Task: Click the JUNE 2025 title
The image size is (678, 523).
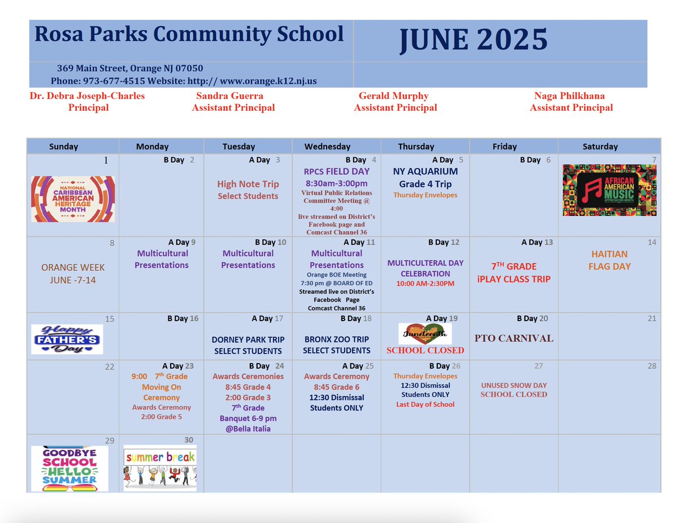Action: [x=473, y=40]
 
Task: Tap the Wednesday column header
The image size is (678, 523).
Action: [x=327, y=146]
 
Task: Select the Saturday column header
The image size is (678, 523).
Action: [x=600, y=146]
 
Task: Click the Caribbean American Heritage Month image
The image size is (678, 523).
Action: [x=73, y=198]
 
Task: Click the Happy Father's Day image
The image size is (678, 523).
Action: [x=67, y=339]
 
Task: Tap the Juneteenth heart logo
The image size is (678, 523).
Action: [x=425, y=334]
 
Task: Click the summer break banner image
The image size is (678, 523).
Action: [x=160, y=468]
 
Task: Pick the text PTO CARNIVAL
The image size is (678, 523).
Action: [x=514, y=339]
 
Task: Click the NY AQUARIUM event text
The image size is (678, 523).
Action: [x=425, y=171]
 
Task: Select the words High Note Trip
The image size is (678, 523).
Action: [x=247, y=184]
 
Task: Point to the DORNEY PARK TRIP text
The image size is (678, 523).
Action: [x=248, y=340]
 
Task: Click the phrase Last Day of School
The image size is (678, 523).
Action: [x=425, y=404]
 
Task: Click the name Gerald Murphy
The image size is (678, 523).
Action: [x=393, y=96]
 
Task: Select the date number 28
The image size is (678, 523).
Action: [x=652, y=366]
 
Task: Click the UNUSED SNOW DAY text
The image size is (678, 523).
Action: [x=514, y=385]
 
